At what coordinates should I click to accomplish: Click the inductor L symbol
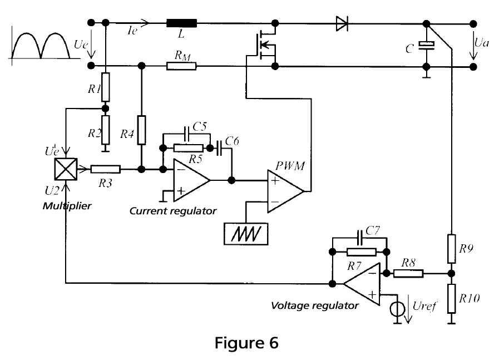tap(181, 23)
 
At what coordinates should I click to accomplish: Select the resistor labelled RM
tap(181, 66)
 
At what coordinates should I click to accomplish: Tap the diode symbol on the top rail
tap(342, 23)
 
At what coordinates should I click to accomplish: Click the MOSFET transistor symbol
tap(265, 45)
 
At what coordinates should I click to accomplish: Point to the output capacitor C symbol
tap(426, 46)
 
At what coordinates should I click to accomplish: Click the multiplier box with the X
tap(66, 169)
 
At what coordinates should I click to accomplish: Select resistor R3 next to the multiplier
tap(106, 169)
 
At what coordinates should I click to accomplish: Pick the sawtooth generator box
tap(246, 234)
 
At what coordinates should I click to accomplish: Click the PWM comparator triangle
tap(286, 191)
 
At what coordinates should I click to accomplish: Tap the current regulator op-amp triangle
tap(191, 180)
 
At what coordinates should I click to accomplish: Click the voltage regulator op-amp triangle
tap(362, 284)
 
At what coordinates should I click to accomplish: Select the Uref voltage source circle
tap(397, 309)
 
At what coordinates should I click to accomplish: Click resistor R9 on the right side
tap(452, 249)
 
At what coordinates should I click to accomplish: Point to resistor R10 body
tap(452, 299)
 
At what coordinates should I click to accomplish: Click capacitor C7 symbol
tap(359, 238)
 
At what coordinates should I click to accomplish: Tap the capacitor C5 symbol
tap(186, 134)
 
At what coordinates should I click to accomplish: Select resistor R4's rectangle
tap(142, 130)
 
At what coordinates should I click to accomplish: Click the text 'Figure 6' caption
tap(246, 343)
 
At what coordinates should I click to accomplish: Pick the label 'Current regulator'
tap(173, 211)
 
